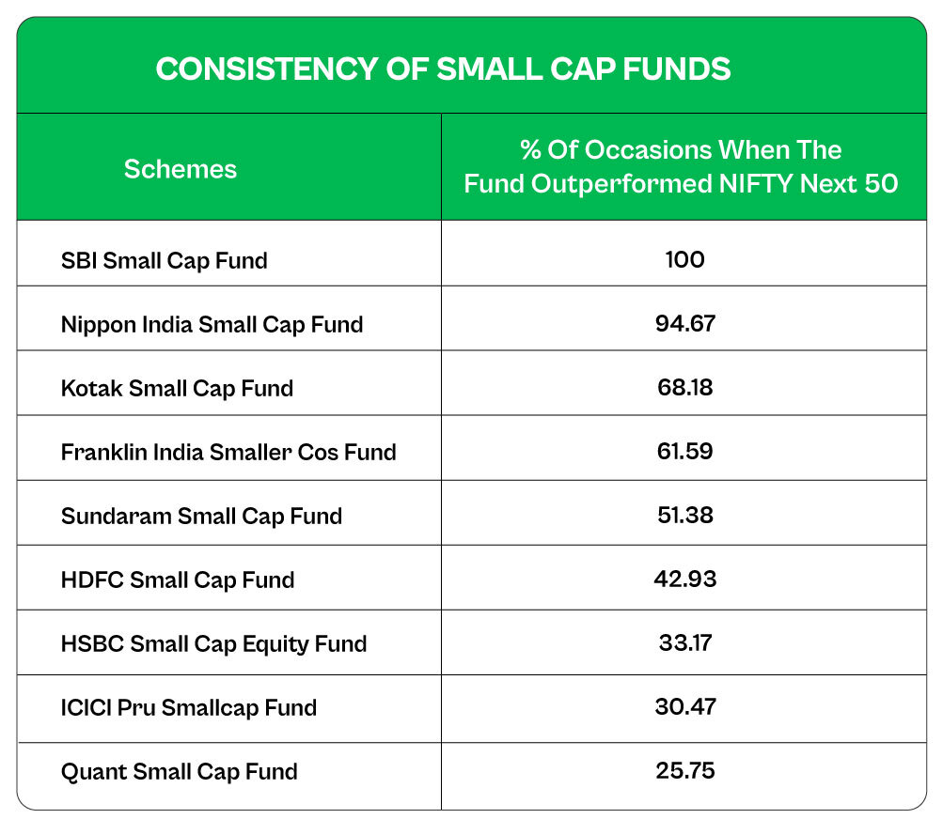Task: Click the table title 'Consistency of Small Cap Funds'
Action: [443, 70]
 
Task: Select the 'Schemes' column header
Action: [181, 169]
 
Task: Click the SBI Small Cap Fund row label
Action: [164, 260]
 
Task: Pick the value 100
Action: [684, 259]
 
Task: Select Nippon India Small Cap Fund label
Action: [212, 324]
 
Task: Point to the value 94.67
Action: [684, 323]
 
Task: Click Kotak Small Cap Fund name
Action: [177, 388]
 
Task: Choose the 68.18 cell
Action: [684, 387]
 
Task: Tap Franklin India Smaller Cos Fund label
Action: [228, 452]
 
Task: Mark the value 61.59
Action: [684, 451]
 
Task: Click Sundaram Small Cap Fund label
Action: [201, 516]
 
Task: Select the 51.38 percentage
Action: [684, 515]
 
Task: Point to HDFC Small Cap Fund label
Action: [178, 579]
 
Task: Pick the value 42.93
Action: [684, 579]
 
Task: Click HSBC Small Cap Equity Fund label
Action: [213, 643]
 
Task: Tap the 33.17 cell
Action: [684, 642]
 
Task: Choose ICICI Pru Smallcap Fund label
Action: [188, 707]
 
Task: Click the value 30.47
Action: [684, 706]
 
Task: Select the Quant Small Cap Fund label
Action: [179, 771]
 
